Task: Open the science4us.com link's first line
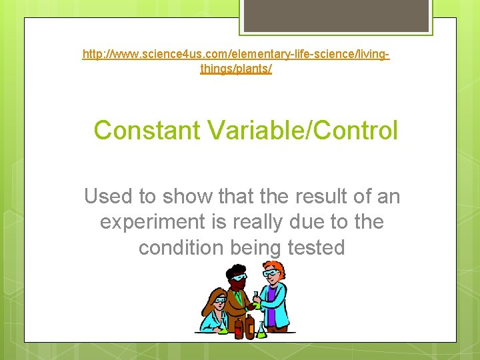[236, 52]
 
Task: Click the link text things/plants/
[236, 68]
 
